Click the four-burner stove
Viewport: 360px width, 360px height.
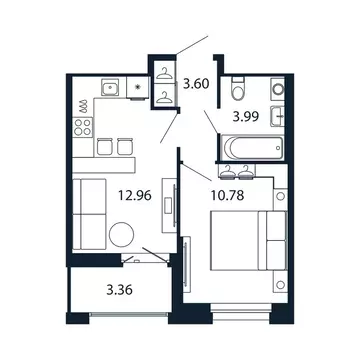click(x=79, y=128)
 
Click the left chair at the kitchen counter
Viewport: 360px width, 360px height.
click(x=103, y=146)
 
